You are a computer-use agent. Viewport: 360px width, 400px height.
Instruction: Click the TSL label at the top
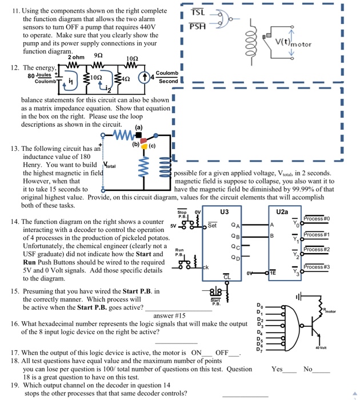point(197,13)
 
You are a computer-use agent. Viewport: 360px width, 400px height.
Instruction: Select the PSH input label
point(197,25)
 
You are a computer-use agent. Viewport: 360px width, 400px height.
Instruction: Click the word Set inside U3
point(212,225)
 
